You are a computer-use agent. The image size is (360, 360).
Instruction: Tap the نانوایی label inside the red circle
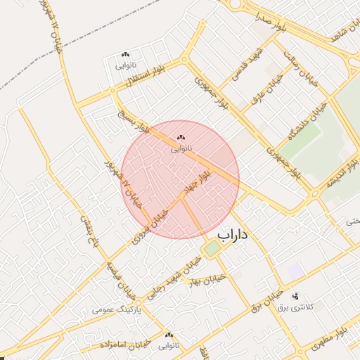tap(181, 149)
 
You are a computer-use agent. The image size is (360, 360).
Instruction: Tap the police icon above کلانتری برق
tap(295, 295)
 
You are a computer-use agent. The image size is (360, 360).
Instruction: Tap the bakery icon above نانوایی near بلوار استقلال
tap(125, 54)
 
